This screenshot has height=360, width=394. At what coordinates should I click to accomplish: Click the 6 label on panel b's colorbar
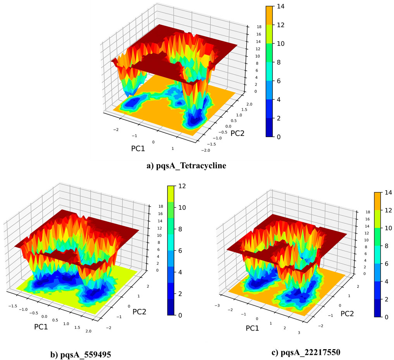pos(180,250)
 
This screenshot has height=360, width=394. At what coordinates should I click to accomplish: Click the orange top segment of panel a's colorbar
pos(271,15)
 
